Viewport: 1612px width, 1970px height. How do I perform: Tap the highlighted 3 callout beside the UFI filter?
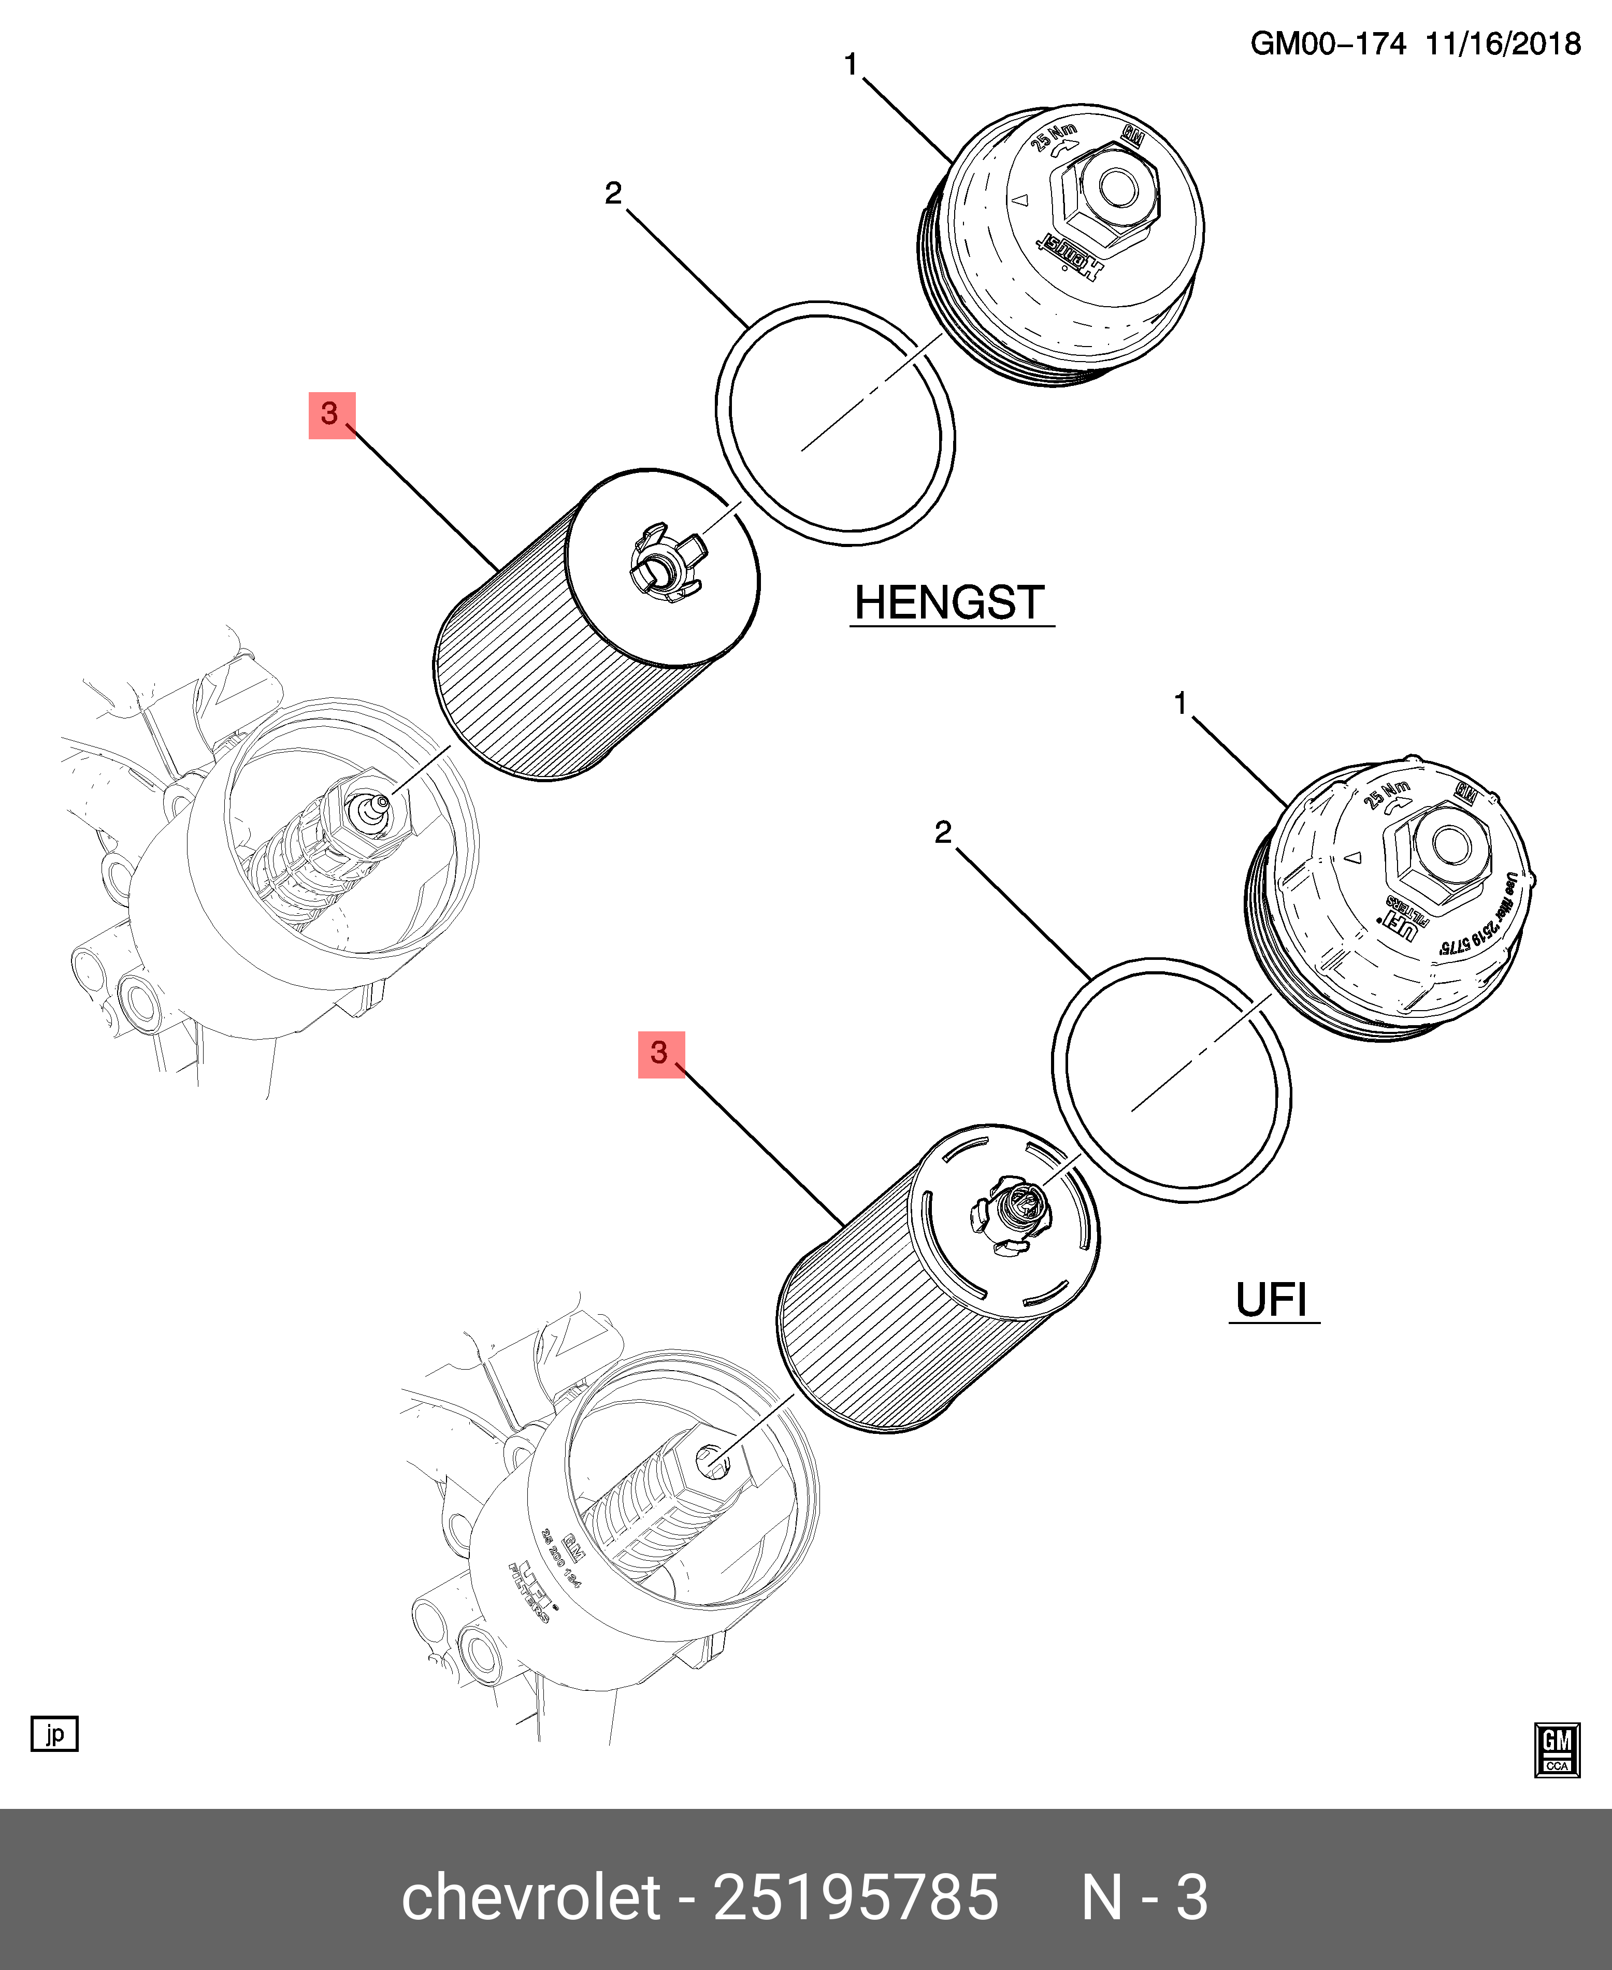(660, 1054)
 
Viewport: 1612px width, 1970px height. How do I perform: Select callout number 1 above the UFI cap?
(1180, 703)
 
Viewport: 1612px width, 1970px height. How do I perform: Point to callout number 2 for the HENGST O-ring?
(613, 193)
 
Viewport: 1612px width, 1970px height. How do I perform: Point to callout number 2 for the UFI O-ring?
(943, 832)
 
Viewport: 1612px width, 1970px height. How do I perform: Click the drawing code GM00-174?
(1328, 44)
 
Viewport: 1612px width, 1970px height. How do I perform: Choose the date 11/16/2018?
(1502, 44)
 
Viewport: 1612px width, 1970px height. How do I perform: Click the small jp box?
(55, 1733)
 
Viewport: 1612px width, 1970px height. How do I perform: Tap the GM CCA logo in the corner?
(1556, 1750)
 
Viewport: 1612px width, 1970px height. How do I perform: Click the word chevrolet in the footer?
(530, 1896)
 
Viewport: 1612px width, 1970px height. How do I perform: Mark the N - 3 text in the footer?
(1144, 1896)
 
